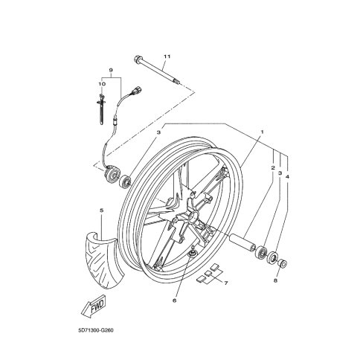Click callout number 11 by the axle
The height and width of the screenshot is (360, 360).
tap(167, 57)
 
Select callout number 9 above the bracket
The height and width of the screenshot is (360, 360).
tap(111, 70)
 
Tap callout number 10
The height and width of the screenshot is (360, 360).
tap(102, 84)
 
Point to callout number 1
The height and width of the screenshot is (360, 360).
tap(262, 132)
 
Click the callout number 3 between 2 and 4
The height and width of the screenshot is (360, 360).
tap(280, 173)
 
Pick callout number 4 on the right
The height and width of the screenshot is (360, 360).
tap(287, 177)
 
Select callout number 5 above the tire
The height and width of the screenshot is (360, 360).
tap(101, 210)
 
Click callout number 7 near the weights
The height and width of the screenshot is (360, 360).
tap(226, 283)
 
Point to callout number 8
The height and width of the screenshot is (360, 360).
tap(275, 280)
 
